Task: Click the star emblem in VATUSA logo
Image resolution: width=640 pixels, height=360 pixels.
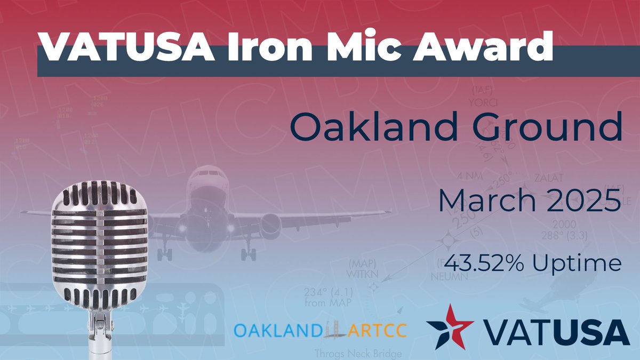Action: click(451, 325)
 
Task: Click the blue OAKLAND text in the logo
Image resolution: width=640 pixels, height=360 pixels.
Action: click(279, 331)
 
